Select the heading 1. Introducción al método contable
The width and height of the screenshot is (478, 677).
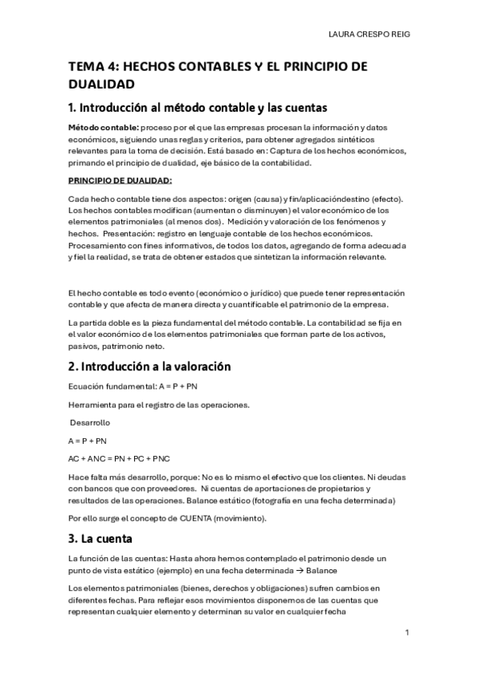pyautogui.click(x=198, y=107)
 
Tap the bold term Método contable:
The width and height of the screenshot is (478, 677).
pyautogui.click(x=104, y=128)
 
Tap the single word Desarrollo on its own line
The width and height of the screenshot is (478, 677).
pyautogui.click(x=90, y=422)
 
